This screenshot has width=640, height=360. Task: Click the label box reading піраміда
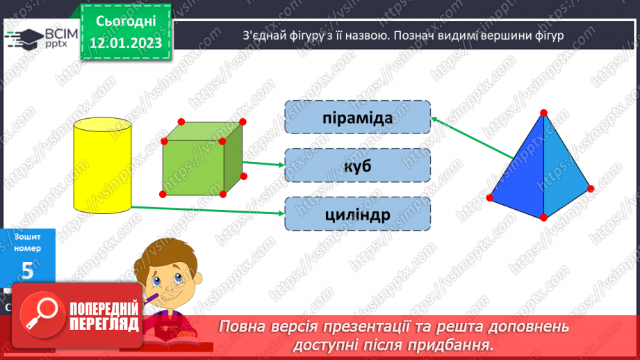tap(357, 117)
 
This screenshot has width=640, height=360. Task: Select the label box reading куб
tap(357, 166)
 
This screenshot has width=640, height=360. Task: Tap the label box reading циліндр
tap(357, 214)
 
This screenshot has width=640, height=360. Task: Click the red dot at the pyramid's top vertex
tap(543, 112)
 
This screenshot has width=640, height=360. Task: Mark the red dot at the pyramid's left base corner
tap(490, 198)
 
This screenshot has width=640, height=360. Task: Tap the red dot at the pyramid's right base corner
tap(591, 188)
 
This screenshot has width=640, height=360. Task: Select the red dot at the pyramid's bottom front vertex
tap(543, 218)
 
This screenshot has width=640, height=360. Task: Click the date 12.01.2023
tap(126, 43)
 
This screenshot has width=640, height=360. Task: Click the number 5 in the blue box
tap(27, 270)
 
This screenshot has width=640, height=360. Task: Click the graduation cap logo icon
tap(24, 38)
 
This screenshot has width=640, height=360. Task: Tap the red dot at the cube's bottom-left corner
tap(163, 194)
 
